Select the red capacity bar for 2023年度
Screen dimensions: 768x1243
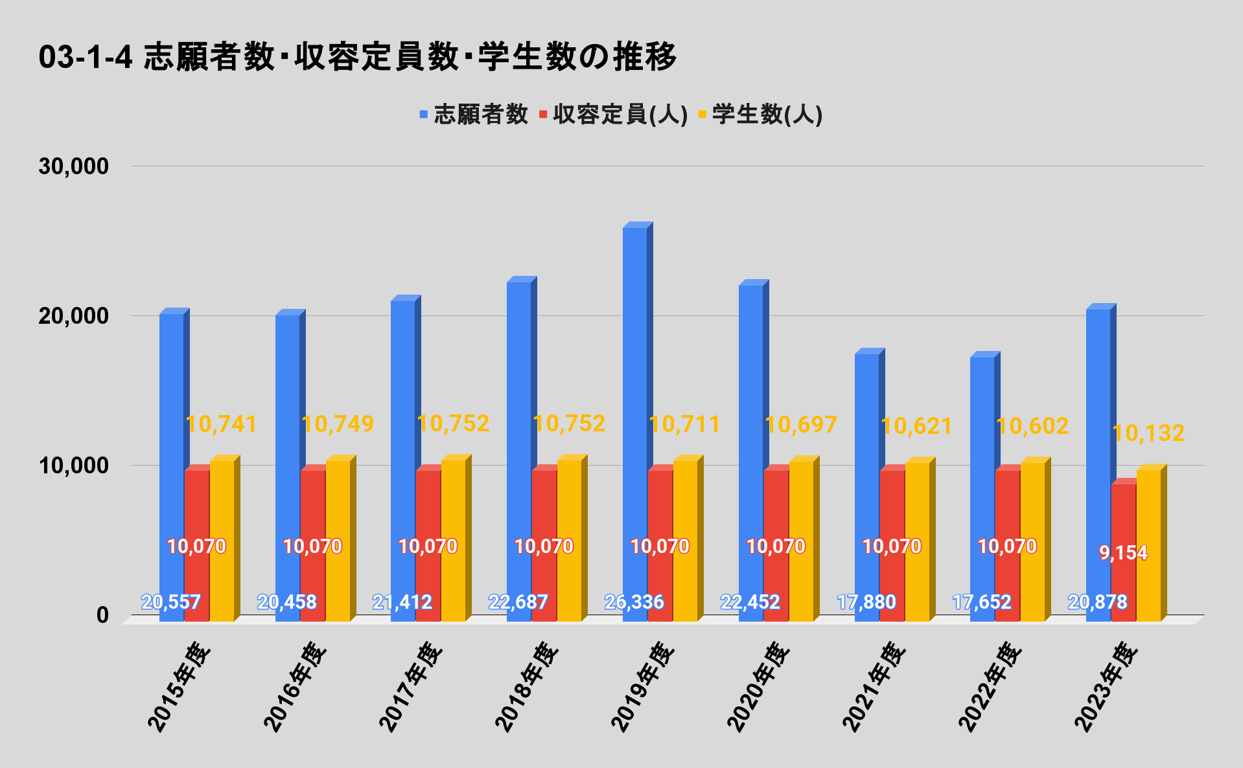coord(1123,518)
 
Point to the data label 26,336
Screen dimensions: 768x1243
coord(634,602)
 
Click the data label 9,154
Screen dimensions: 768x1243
coord(1123,553)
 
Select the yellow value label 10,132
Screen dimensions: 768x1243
coord(1148,433)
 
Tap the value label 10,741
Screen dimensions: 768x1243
coord(222,424)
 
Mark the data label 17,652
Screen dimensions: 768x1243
coord(982,602)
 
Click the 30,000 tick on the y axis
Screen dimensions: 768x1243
coord(73,166)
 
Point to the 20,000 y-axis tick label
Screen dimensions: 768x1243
coord(73,316)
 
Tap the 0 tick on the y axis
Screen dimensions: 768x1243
coord(102,615)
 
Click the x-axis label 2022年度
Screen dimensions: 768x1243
coord(990,686)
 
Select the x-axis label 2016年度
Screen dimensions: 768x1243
coord(295,686)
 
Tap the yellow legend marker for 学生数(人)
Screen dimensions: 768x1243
coord(702,115)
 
